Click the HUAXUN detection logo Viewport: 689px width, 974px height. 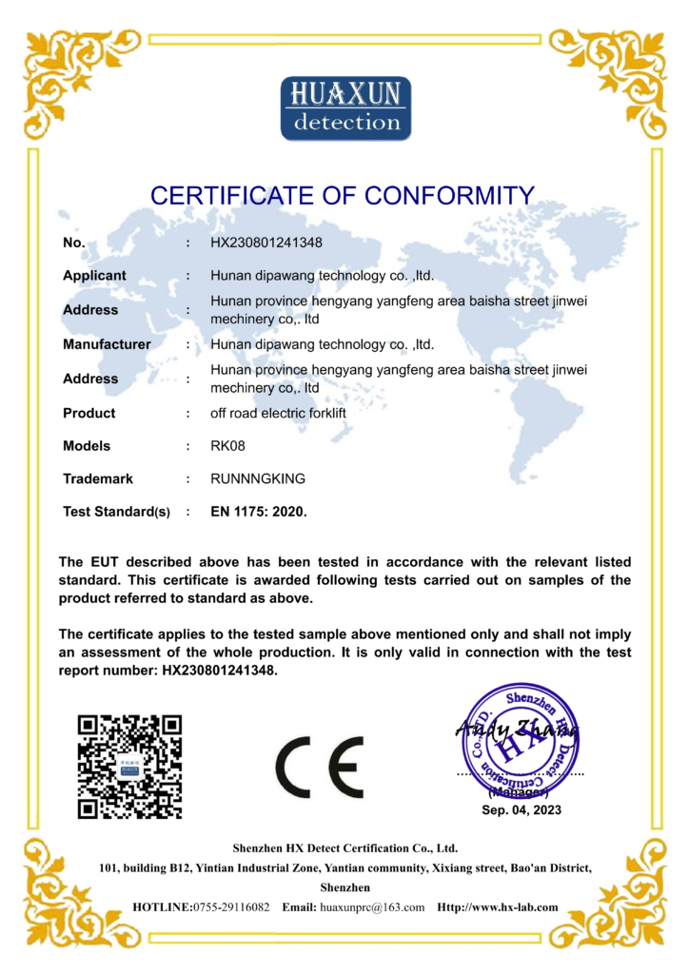click(x=345, y=107)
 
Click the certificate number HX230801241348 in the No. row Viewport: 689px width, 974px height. click(x=273, y=243)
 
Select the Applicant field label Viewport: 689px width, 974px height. click(x=94, y=276)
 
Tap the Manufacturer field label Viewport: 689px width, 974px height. click(x=107, y=344)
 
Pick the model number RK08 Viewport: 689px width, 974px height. click(x=228, y=446)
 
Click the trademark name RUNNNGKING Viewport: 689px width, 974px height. click(x=258, y=479)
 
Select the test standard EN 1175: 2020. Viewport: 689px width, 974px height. click(x=259, y=512)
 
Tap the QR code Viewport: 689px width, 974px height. click(x=129, y=767)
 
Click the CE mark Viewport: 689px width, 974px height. click(x=319, y=767)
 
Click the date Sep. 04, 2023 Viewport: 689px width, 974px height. click(x=522, y=810)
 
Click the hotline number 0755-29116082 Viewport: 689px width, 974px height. click(x=231, y=907)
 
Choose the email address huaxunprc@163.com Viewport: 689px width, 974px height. click(x=372, y=907)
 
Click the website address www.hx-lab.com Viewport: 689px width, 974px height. click(x=514, y=907)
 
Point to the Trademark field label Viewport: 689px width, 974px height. click(x=98, y=479)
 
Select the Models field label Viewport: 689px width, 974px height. click(x=87, y=446)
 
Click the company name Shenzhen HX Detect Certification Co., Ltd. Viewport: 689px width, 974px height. click(x=345, y=847)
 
